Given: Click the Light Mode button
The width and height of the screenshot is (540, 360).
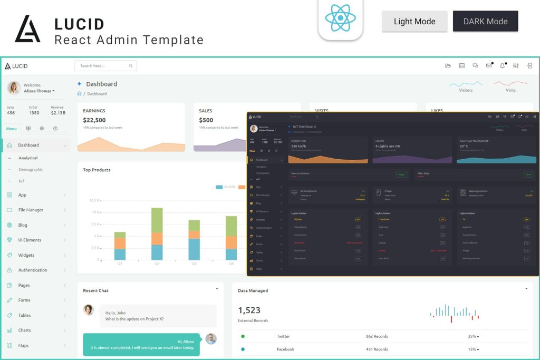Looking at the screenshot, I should coord(414,22).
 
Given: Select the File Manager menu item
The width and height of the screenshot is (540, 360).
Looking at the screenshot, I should coord(31,210).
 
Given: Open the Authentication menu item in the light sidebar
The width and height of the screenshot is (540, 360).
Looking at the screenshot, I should coord(33,270).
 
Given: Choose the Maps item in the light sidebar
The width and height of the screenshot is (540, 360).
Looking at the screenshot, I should coord(23,345).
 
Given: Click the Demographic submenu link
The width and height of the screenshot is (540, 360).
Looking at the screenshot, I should coord(31,169).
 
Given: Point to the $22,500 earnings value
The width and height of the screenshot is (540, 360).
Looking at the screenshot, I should coord(94,120).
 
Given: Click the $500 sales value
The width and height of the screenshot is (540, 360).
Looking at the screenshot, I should coord(206,120).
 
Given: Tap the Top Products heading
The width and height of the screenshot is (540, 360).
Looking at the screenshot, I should coord(97,170).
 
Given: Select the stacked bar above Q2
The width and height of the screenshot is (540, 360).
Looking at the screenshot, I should coord(157,233).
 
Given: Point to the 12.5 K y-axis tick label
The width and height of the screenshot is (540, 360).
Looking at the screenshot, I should coord(95,200).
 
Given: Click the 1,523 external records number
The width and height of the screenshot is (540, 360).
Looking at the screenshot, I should coord(249,310).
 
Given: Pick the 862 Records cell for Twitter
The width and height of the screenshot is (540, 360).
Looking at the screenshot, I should coord(377,336).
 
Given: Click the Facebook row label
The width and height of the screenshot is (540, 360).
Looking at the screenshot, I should coord(285,349).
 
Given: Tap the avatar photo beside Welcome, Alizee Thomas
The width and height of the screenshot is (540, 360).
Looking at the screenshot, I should coord(14,87).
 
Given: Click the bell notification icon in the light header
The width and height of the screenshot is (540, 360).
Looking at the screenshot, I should coord(502,66).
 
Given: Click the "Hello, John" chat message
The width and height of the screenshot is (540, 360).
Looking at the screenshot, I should coord(134,316).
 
